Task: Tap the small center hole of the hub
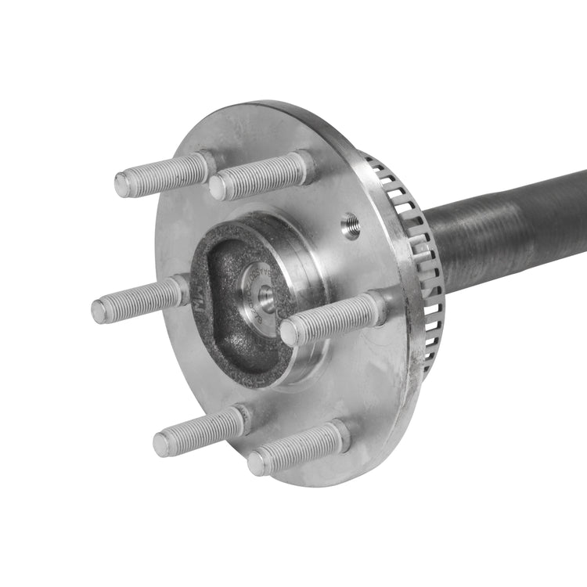265,295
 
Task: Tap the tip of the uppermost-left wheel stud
122,185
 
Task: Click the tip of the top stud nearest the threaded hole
217,188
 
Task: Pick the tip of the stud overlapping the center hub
289,333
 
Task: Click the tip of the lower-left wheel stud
161,445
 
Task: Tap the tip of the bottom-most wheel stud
256,464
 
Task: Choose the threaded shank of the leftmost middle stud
141,300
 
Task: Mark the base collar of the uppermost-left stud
205,164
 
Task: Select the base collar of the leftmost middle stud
181,290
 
